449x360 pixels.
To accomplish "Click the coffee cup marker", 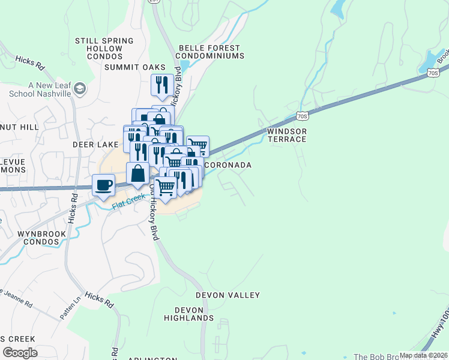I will [104, 185].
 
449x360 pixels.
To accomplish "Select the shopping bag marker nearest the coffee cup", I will [138, 173].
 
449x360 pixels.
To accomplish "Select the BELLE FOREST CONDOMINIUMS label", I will [210, 52].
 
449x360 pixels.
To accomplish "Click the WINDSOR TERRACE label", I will [287, 135].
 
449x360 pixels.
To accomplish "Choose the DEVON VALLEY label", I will [228, 295].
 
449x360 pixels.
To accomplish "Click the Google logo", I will [19, 353].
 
